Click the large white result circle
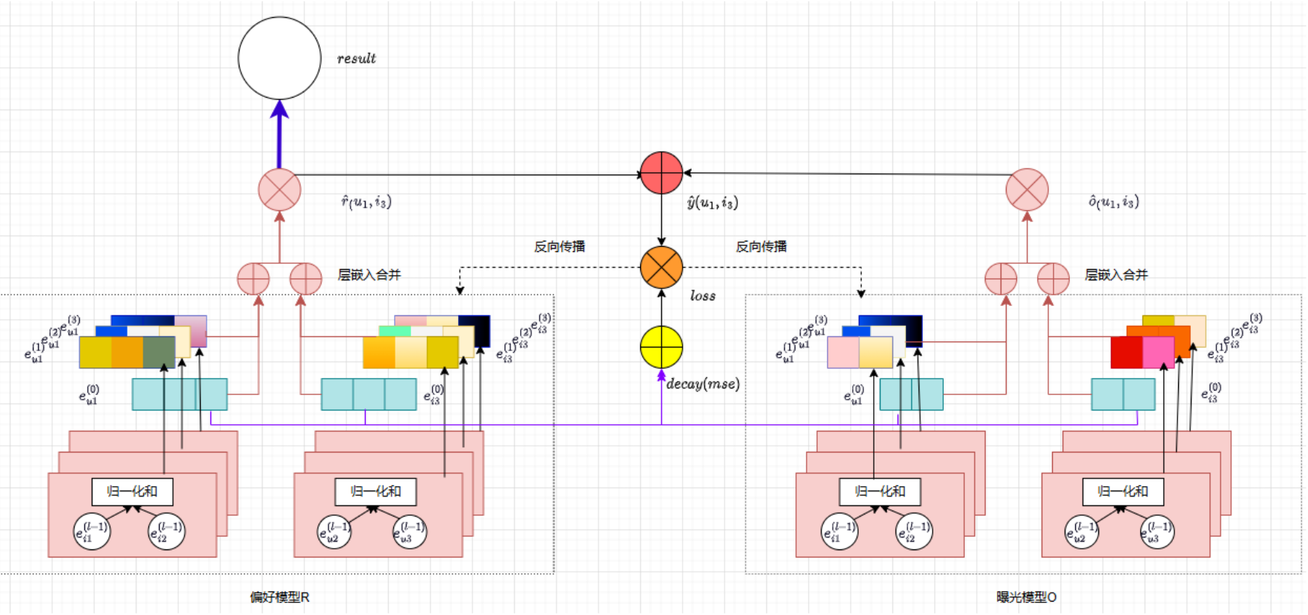(x=279, y=58)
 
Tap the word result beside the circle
(x=356, y=59)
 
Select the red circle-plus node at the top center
(x=661, y=173)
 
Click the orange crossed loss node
(x=661, y=268)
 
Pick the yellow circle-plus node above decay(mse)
(x=661, y=347)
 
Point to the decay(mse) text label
(x=702, y=384)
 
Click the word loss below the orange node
(x=702, y=296)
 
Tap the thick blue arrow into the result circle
(x=279, y=134)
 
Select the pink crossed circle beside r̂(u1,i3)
(x=279, y=190)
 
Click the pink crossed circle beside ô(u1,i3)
(x=1027, y=190)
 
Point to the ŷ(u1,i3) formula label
(x=712, y=202)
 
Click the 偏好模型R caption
(x=279, y=597)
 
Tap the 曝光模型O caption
(x=1026, y=597)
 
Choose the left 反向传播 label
(x=560, y=247)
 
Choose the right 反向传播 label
(x=761, y=247)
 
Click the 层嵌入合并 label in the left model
(x=369, y=275)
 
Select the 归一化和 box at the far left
(x=132, y=491)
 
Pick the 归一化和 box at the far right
(x=1123, y=491)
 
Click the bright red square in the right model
(x=1126, y=353)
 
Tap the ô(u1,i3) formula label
(x=1113, y=202)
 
